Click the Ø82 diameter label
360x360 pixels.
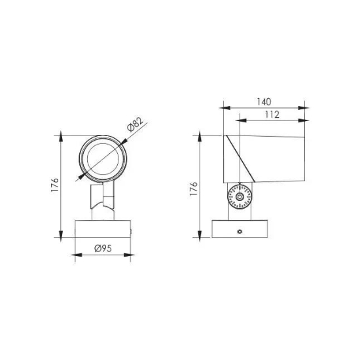135,124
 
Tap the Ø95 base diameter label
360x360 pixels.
103,248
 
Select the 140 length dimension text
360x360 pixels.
264,101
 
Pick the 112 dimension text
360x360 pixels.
272,115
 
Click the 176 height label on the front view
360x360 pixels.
55,185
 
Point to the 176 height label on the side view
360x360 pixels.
194,189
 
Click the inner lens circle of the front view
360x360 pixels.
103,159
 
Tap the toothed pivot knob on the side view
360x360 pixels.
240,197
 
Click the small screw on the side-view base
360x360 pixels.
240,232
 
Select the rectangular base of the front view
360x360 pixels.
103,228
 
